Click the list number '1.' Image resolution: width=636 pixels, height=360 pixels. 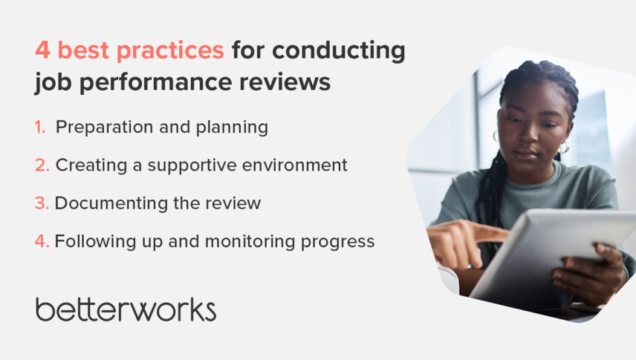coord(40,127)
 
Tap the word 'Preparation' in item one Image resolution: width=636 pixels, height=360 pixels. coord(102,127)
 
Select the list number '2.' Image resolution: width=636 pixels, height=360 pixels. coord(42,165)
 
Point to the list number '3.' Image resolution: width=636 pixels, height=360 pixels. coord(42,203)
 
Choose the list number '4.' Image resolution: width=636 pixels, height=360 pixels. coord(42,241)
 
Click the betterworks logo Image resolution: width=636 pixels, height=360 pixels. coord(125,309)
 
